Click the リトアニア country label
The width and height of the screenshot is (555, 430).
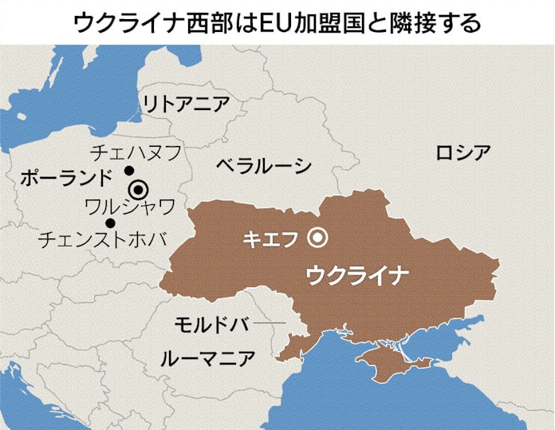click(x=185, y=104)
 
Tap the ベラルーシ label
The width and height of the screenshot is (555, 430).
click(x=263, y=166)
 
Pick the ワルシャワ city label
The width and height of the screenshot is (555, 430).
click(x=129, y=207)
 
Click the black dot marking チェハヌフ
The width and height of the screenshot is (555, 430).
click(x=128, y=172)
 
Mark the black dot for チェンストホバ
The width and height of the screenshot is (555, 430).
click(x=110, y=223)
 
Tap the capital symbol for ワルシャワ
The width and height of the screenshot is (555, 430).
click(x=140, y=190)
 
